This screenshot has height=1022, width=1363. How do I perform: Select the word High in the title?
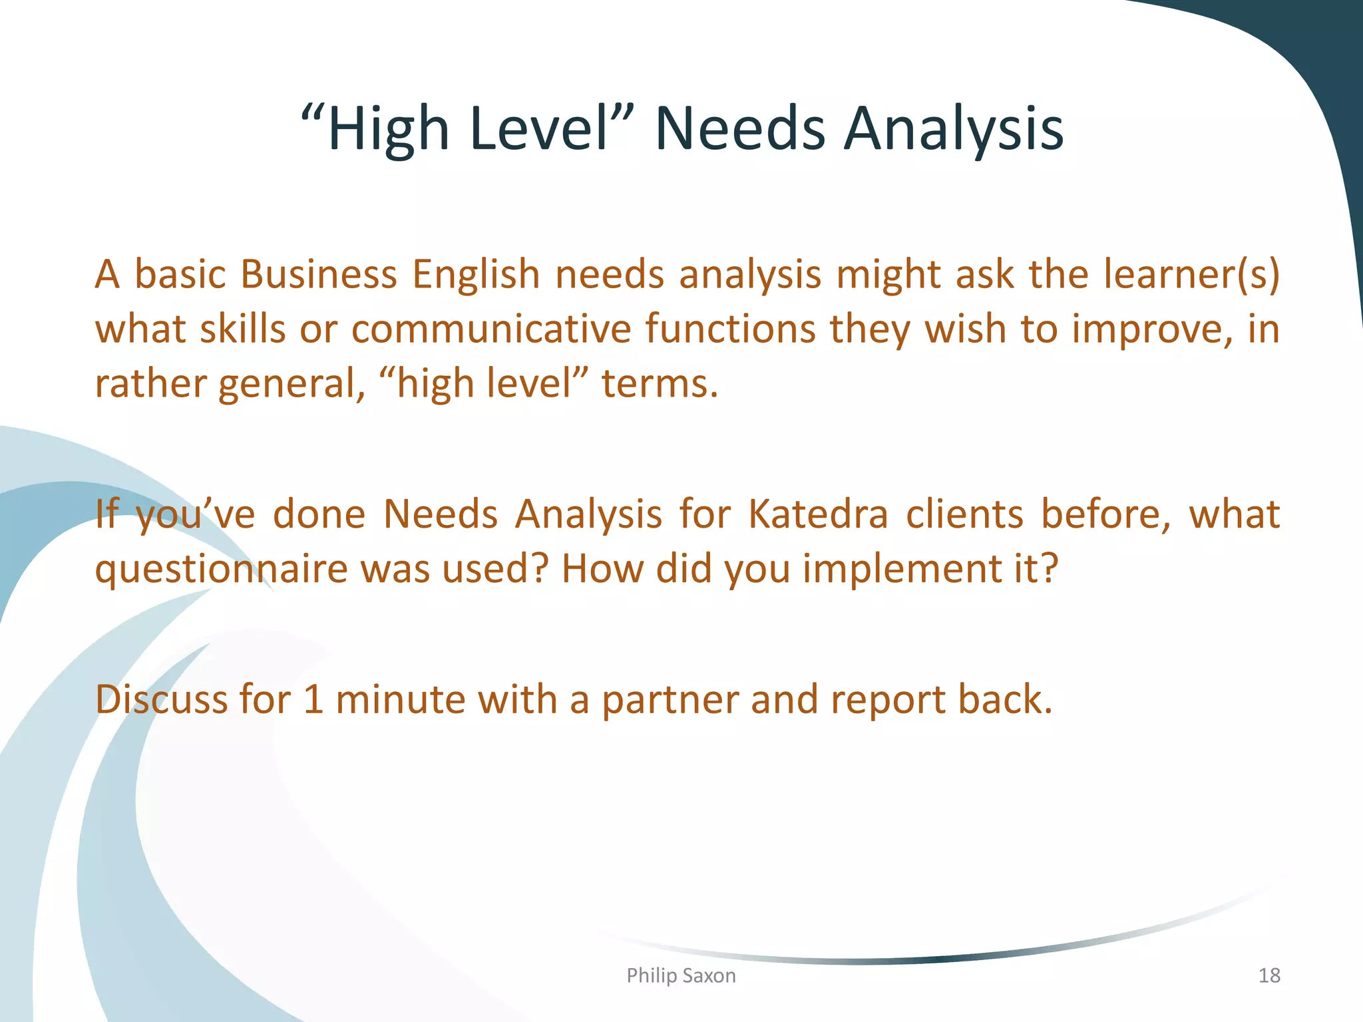tap(389, 130)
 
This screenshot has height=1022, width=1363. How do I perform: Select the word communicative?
tap(491, 329)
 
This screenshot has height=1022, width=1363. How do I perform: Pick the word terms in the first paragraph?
tap(659, 384)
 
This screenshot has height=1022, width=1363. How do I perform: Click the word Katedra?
tap(818, 514)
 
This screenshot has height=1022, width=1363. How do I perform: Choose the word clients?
tap(964, 514)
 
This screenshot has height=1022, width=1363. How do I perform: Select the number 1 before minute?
tap(313, 699)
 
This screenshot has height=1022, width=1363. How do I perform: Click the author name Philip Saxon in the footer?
tap(681, 975)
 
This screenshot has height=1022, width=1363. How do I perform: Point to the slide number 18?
tap(1269, 975)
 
